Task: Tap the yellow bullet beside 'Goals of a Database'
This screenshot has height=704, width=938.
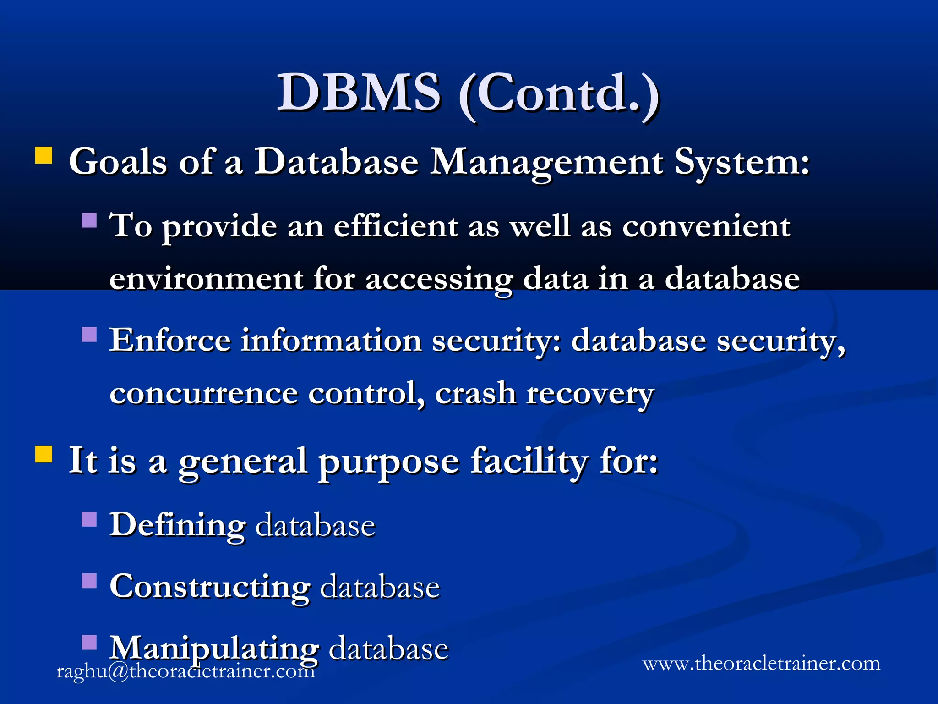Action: [x=44, y=155]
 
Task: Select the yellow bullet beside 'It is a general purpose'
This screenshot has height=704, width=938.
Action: [x=44, y=454]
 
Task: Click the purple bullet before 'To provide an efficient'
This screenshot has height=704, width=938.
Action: [x=89, y=220]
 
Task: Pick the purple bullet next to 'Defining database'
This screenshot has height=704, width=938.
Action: [x=89, y=519]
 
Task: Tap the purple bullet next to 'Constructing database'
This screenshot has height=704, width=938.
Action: [x=89, y=581]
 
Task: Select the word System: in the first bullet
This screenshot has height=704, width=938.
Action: [x=742, y=163]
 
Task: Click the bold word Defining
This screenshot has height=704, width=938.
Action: [x=177, y=525]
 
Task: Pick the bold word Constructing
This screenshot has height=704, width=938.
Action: [x=210, y=587]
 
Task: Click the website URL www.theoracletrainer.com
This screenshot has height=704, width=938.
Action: [x=761, y=663]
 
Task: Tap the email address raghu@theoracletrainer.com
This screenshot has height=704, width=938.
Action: [x=185, y=671]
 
